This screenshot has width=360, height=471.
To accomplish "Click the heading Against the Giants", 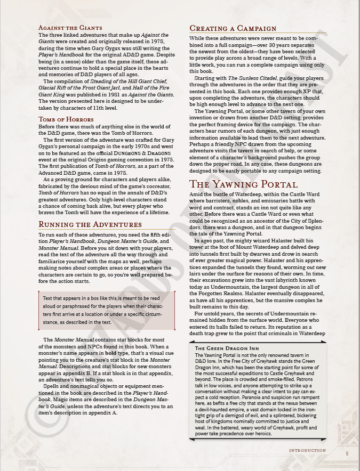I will pyautogui.click(x=70, y=28).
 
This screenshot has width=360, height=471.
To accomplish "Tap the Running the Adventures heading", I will pyautogui.click(x=90, y=224).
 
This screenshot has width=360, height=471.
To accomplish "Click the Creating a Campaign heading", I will pyautogui.click(x=233, y=28).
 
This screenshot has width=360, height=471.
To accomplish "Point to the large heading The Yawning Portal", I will pyautogui.click(x=243, y=184).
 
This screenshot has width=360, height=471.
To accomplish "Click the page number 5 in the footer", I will pyautogui.click(x=347, y=453).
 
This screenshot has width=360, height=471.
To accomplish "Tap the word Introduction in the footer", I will pyautogui.click(x=307, y=451).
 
